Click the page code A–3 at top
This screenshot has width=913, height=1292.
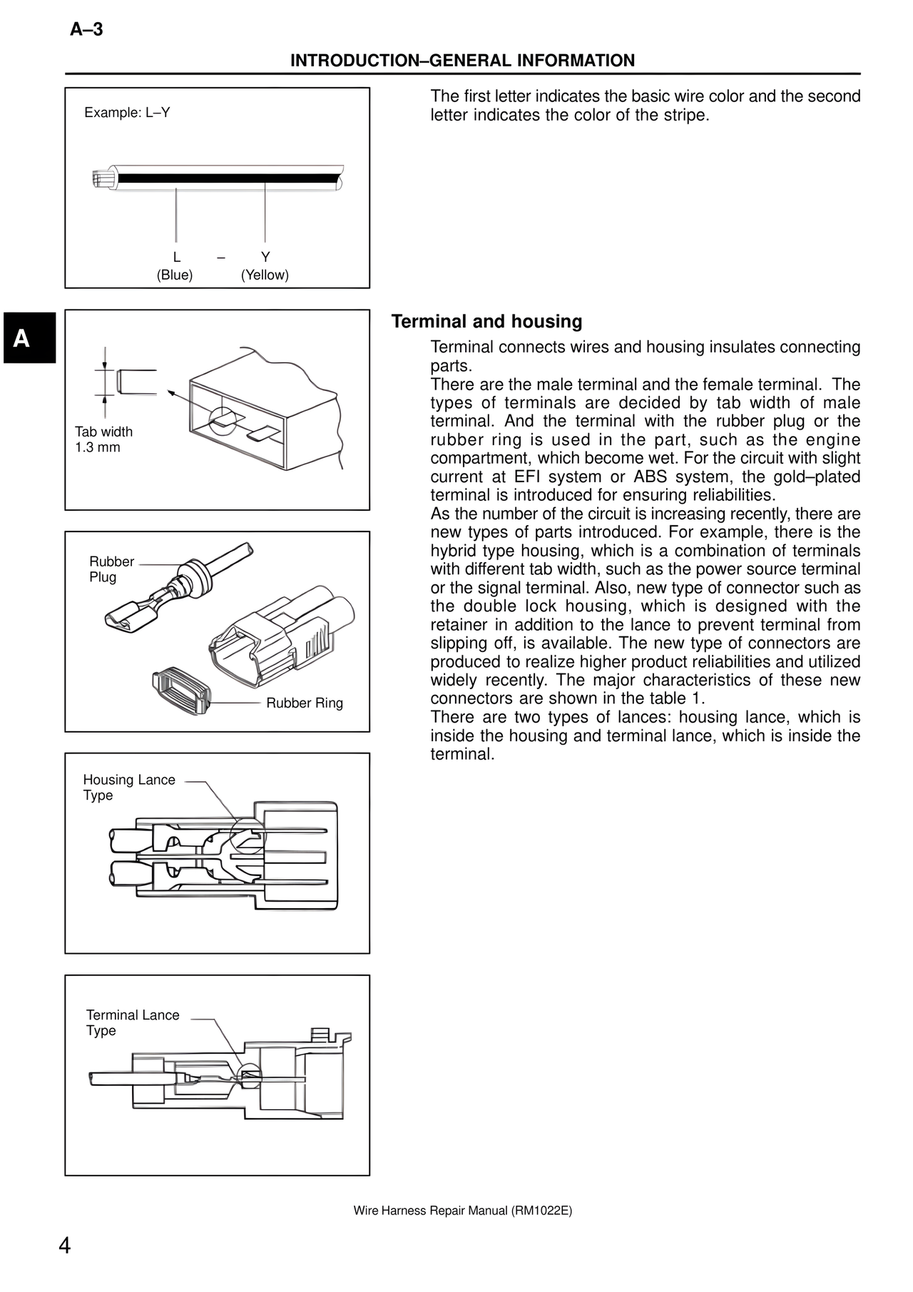[x=86, y=29]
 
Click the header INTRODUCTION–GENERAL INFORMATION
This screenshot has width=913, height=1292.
[x=462, y=61]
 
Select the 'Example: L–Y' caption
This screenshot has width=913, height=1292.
[x=127, y=113]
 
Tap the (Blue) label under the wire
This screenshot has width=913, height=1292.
[x=175, y=275]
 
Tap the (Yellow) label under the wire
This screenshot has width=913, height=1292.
[x=265, y=275]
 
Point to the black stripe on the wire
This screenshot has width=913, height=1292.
[x=228, y=178]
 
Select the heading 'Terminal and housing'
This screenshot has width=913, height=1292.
[x=486, y=322]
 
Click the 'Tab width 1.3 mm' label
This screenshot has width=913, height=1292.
[x=103, y=439]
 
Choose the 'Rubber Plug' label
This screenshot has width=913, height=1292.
[x=111, y=569]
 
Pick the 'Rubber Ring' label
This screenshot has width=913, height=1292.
[x=305, y=703]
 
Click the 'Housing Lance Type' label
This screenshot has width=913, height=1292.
[x=128, y=788]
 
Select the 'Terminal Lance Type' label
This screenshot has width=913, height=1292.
[x=133, y=1022]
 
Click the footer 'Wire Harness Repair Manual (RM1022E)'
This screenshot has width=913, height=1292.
[x=462, y=1211]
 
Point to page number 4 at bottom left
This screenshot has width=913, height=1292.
[x=64, y=1246]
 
